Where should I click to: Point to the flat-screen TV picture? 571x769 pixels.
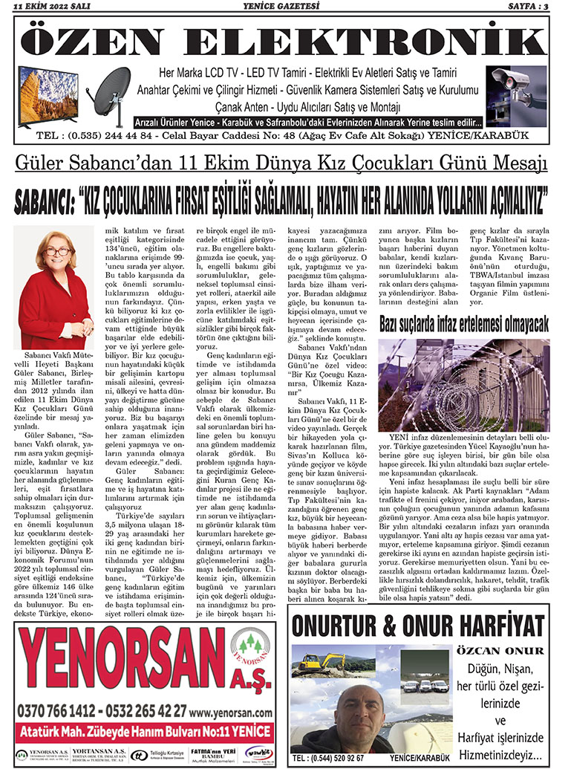pyautogui.click(x=48, y=95)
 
